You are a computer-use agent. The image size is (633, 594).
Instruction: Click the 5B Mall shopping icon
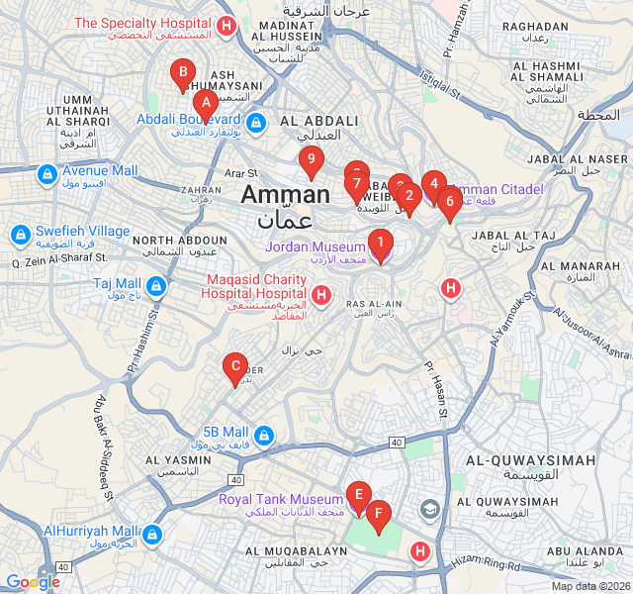point(263,435)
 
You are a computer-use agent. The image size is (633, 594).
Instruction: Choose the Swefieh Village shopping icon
point(20,235)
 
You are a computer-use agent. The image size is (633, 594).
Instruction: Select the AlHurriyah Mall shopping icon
point(151,535)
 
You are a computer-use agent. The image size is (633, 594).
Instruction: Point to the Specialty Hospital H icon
point(226,26)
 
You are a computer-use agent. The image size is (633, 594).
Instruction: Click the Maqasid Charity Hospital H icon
point(320,295)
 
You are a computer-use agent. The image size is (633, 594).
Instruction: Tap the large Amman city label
point(285,195)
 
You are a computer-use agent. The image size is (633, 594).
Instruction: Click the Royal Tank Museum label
point(281,500)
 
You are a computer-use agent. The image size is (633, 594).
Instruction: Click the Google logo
point(33,582)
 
